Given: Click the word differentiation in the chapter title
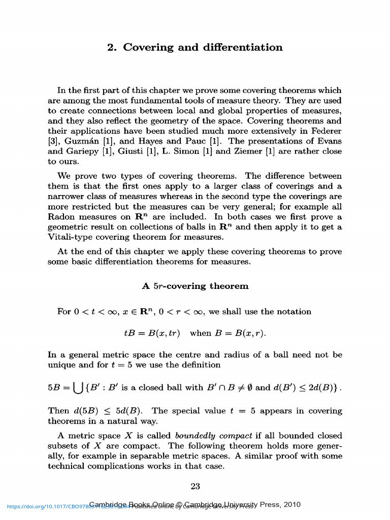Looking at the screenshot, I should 242,48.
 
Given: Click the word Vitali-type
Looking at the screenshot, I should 71,237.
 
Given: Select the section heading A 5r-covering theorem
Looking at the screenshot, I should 195,286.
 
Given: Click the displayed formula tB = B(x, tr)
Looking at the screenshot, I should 152,334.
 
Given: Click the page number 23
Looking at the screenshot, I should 195,486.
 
